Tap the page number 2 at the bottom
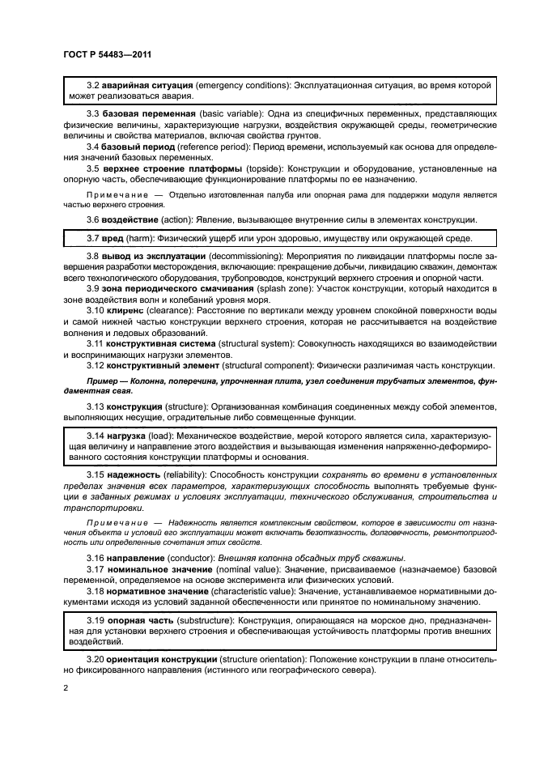65,688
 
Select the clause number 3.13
96,406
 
